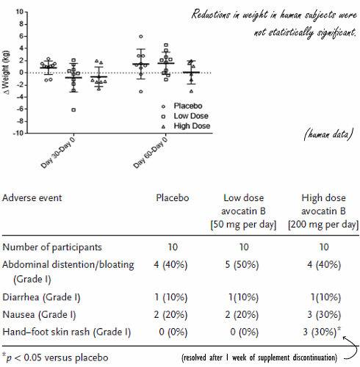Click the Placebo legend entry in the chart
pyautogui.click(x=185, y=105)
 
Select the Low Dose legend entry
pyautogui.click(x=188, y=115)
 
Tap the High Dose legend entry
pyautogui.click(x=189, y=126)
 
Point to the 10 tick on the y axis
pyautogui.click(x=21, y=12)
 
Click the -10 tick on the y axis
pyautogui.click(x=19, y=134)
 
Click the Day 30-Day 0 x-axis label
pyautogui.click(x=61, y=152)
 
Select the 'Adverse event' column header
pyautogui.click(x=32, y=198)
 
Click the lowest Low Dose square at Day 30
pyautogui.click(x=73, y=110)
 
